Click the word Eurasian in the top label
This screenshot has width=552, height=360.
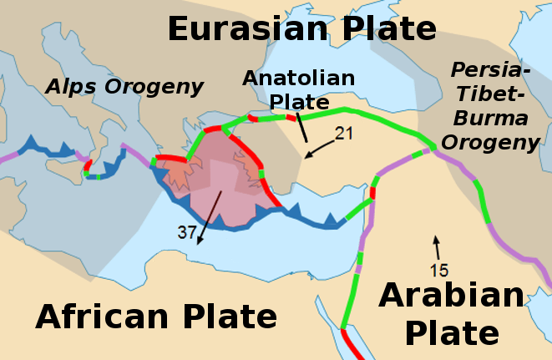(239, 29)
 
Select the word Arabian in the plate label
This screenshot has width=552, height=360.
(452, 297)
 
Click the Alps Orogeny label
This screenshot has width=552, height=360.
(124, 86)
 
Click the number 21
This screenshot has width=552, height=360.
(345, 133)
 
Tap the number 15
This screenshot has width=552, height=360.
(440, 270)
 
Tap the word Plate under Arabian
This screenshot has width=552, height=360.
(452, 333)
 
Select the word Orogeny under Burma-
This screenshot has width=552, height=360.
(490, 141)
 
